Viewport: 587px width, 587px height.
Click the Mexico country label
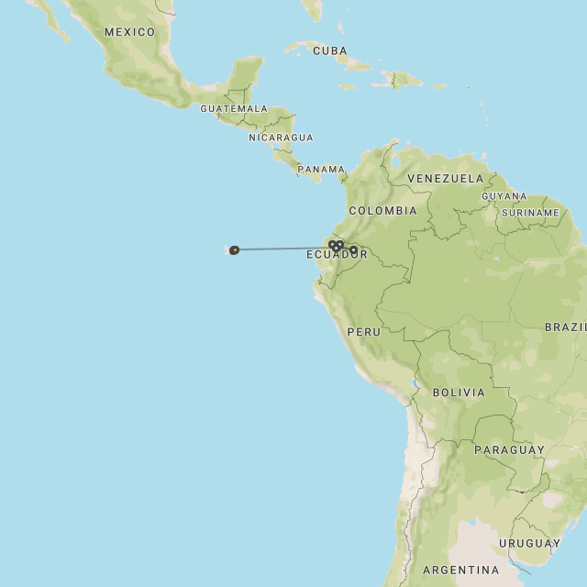tap(129, 32)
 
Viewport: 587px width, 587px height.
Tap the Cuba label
tap(330, 50)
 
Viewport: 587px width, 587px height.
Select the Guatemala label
tap(234, 108)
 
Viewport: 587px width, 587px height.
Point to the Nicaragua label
tap(281, 138)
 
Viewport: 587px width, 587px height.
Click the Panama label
tap(320, 170)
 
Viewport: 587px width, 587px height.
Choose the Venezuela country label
tap(445, 178)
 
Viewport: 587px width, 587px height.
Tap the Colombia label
tap(382, 210)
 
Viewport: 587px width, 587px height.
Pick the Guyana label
tap(504, 196)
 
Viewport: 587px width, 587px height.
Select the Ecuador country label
tap(337, 254)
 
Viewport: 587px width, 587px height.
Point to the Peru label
tap(363, 331)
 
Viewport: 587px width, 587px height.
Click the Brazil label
tap(565, 327)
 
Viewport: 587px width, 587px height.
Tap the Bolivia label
tap(458, 393)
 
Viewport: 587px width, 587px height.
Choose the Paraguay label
tap(509, 449)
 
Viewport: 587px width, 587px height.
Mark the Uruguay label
tap(529, 543)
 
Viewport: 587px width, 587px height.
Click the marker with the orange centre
tap(235, 249)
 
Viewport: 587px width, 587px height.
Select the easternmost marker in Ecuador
tap(354, 249)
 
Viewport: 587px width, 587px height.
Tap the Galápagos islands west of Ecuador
tap(227, 248)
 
